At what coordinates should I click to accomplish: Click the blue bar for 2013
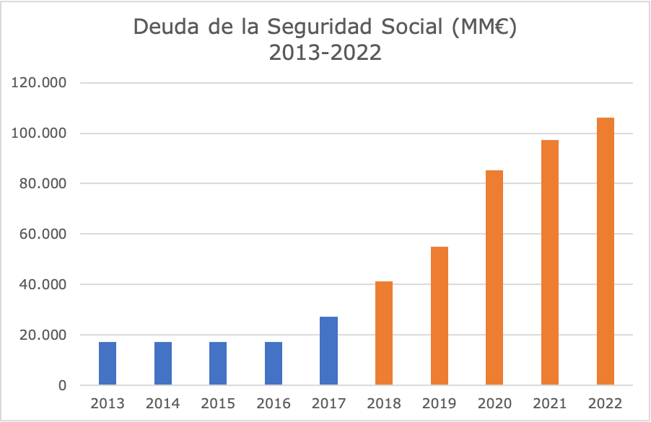108,364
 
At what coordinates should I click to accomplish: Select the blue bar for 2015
218,364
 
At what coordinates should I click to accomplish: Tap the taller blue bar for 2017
328,351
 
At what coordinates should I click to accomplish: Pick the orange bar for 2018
384,333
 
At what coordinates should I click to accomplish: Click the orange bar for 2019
440,316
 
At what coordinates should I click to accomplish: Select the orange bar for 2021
550,263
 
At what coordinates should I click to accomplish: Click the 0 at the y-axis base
63,386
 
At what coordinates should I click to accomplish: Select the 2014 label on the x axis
163,403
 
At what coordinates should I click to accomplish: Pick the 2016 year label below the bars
274,403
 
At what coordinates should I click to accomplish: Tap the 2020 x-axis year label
494,403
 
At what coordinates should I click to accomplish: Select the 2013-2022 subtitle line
325,53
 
